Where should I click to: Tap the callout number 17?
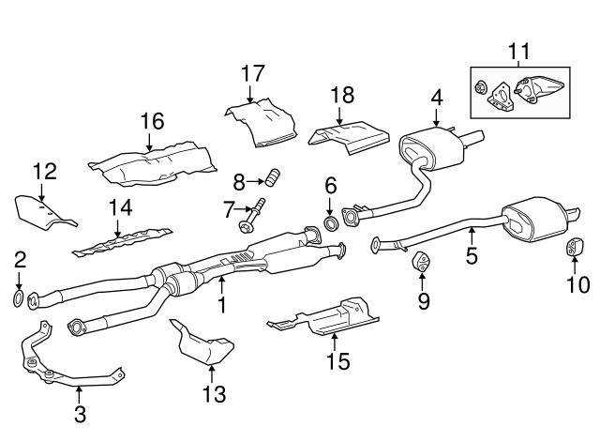[252, 73]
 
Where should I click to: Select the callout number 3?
[80, 413]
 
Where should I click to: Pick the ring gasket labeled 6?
[331, 222]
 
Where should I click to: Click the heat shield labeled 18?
[347, 135]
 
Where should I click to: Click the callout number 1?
[222, 305]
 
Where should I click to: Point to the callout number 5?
[472, 253]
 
